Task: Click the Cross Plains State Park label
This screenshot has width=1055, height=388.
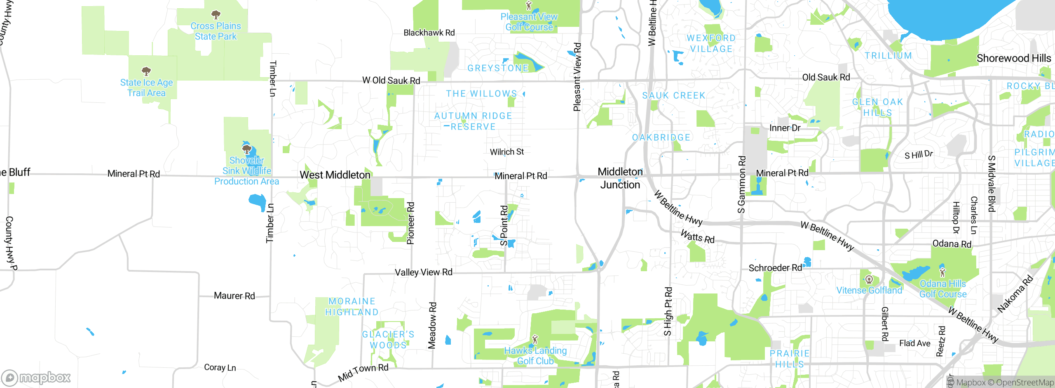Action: pyautogui.click(x=216, y=31)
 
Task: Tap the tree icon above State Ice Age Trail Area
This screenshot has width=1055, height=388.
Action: pyautogui.click(x=146, y=71)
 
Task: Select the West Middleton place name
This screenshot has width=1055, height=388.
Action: pyautogui.click(x=335, y=175)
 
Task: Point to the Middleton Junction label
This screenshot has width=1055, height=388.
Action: pyautogui.click(x=620, y=178)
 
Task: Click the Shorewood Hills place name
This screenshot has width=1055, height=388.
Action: pyautogui.click(x=1013, y=58)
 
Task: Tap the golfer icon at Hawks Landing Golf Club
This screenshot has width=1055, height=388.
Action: pyautogui.click(x=535, y=339)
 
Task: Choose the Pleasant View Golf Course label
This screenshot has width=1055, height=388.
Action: pyautogui.click(x=529, y=22)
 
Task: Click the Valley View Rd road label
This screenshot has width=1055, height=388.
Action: pyautogui.click(x=424, y=272)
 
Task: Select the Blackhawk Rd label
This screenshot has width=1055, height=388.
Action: pyautogui.click(x=429, y=33)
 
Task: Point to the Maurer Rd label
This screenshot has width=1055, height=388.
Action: pyautogui.click(x=234, y=296)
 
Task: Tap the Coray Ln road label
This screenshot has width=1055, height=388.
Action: pyautogui.click(x=220, y=367)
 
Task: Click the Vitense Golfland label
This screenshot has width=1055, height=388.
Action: pyautogui.click(x=869, y=290)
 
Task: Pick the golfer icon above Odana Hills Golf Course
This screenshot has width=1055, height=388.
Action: pyautogui.click(x=942, y=272)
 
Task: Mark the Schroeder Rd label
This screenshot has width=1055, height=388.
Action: pyautogui.click(x=775, y=268)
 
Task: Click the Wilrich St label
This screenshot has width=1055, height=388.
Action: pyautogui.click(x=507, y=152)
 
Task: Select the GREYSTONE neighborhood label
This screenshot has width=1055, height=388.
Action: pyautogui.click(x=498, y=68)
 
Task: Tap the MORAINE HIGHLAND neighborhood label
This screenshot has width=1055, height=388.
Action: pyautogui.click(x=352, y=307)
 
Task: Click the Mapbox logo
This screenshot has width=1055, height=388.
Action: pyautogui.click(x=36, y=377)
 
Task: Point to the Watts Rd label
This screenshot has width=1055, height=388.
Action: pyautogui.click(x=697, y=237)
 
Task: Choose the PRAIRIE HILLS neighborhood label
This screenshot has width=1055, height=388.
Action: pyautogui.click(x=790, y=359)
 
